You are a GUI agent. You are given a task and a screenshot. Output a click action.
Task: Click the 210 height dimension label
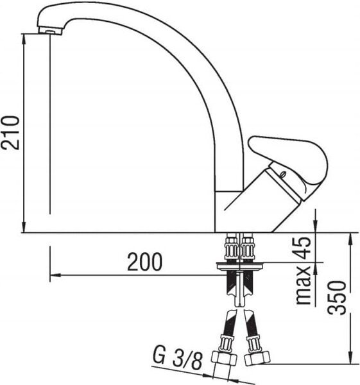tap(10, 133)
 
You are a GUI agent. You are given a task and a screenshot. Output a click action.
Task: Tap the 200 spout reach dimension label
tap(144, 261)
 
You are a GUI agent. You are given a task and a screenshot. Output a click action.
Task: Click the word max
tap(304, 285)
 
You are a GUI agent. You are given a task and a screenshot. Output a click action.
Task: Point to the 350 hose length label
tap(337, 297)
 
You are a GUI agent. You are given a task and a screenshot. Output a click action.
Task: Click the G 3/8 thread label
tap(178, 360)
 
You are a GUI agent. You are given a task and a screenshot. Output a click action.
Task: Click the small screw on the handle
tap(283, 174)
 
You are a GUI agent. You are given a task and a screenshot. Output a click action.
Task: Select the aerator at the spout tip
tap(50, 30)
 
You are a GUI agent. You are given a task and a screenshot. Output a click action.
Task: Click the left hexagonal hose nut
tap(224, 359)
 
